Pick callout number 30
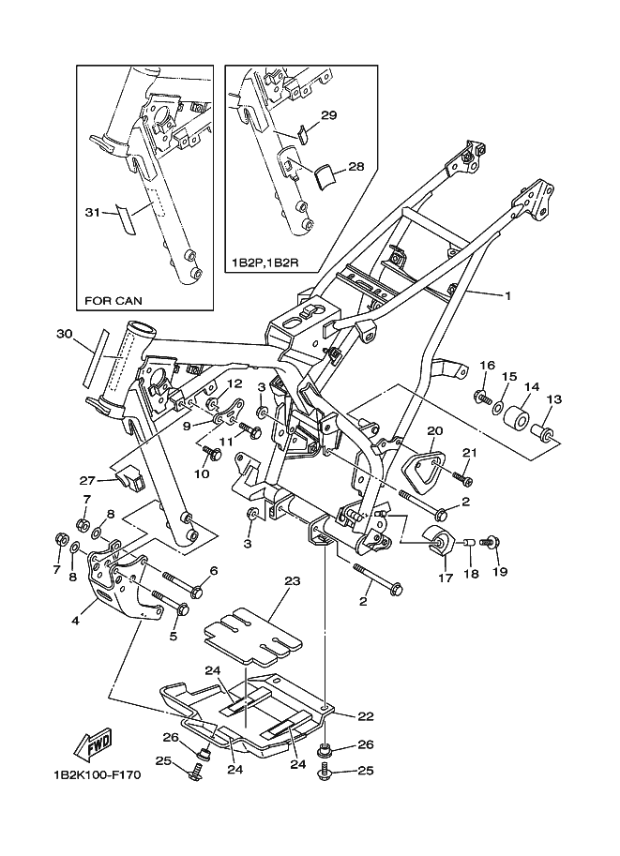(64, 334)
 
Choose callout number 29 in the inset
(328, 115)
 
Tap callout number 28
(329, 166)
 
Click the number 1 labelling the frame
(507, 295)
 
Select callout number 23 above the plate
(292, 581)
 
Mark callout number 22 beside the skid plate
(365, 716)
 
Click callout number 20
(434, 430)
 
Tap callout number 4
(74, 619)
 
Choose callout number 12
(234, 384)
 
